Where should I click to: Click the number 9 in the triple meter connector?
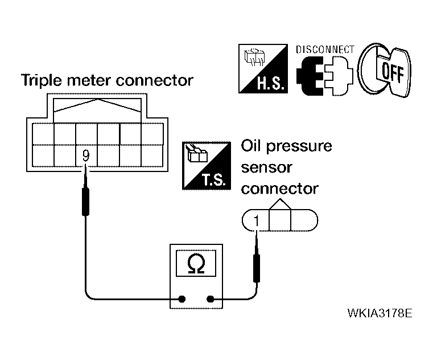86,156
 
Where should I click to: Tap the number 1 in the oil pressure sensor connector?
257,220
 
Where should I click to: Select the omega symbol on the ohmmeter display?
196,264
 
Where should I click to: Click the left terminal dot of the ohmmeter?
182,299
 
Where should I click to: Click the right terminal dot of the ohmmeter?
210,299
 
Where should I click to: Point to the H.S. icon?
263,68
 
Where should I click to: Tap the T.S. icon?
207,166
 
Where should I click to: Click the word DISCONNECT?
325,50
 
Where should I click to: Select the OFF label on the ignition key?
393,72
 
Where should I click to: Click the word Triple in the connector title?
42,81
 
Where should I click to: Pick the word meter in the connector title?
89,81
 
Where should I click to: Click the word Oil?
251,146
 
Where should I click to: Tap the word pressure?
299,147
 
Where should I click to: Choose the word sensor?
266,168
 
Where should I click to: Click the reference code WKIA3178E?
380,313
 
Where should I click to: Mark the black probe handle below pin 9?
85,202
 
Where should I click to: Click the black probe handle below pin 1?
257,269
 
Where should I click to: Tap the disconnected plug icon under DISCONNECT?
325,76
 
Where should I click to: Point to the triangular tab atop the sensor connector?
280,204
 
